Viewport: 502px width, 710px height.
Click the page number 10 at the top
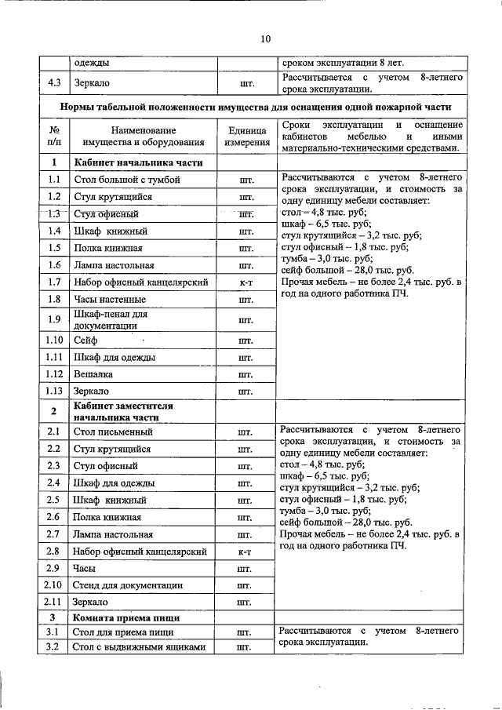click(x=264, y=38)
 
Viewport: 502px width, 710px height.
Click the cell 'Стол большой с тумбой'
click(x=126, y=180)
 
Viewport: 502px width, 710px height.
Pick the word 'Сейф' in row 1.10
click(x=85, y=340)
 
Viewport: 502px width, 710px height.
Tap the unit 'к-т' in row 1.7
click(x=246, y=281)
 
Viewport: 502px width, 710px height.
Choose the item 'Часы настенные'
click(x=109, y=299)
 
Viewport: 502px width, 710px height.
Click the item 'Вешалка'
click(x=93, y=374)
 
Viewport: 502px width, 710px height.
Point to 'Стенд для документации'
click(x=128, y=585)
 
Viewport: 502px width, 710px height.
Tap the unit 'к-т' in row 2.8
click(x=246, y=552)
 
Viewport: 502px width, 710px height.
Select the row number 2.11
click(x=54, y=603)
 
